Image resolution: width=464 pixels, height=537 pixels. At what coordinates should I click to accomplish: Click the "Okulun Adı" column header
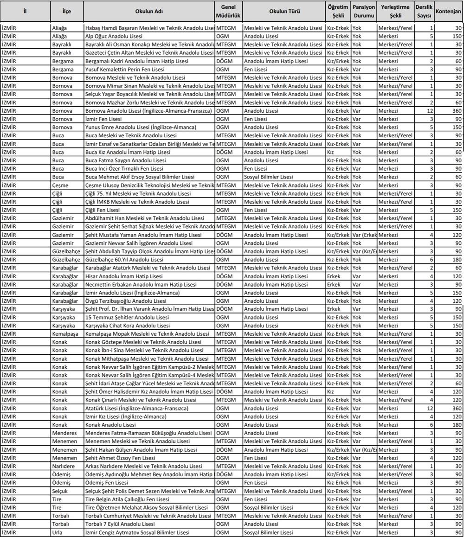click(x=149, y=11)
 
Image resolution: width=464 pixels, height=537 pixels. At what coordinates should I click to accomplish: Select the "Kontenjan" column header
click(x=449, y=11)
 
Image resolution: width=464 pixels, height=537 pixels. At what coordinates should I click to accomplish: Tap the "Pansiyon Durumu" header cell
click(x=364, y=11)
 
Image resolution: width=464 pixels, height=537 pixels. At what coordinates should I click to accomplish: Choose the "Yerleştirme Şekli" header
click(x=395, y=11)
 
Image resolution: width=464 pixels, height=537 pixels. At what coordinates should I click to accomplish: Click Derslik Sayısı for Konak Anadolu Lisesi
click(x=431, y=425)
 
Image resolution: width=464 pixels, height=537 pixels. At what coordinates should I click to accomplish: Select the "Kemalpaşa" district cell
click(x=64, y=334)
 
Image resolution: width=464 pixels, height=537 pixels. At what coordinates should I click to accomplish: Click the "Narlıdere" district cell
click(x=63, y=466)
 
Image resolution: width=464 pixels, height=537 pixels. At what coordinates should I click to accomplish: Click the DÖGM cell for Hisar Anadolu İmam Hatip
click(x=225, y=276)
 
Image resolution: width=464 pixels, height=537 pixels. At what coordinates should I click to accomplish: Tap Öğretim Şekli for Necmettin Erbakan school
click(x=334, y=284)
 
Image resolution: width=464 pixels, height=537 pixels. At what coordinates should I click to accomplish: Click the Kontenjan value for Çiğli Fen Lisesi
click(x=454, y=210)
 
